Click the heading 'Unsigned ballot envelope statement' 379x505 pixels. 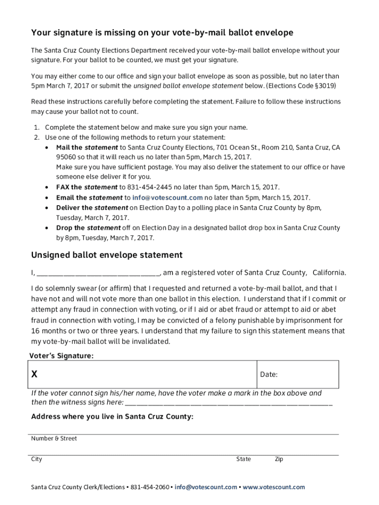[107, 255]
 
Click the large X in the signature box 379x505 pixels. [34, 374]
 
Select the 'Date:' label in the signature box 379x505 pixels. [269, 375]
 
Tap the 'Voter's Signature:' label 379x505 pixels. [62, 356]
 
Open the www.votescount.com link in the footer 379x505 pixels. [274, 487]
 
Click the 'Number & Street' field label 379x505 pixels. [54, 438]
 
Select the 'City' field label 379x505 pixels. [37, 459]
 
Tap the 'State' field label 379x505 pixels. [243, 459]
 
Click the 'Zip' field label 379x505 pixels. [279, 459]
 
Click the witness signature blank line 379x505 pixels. [229, 403]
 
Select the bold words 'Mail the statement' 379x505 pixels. [87, 147]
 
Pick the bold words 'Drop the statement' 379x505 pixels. [88, 228]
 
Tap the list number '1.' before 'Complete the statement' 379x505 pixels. [37, 127]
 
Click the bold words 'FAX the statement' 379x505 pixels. [87, 187]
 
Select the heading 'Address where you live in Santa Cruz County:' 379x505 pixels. [112, 417]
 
